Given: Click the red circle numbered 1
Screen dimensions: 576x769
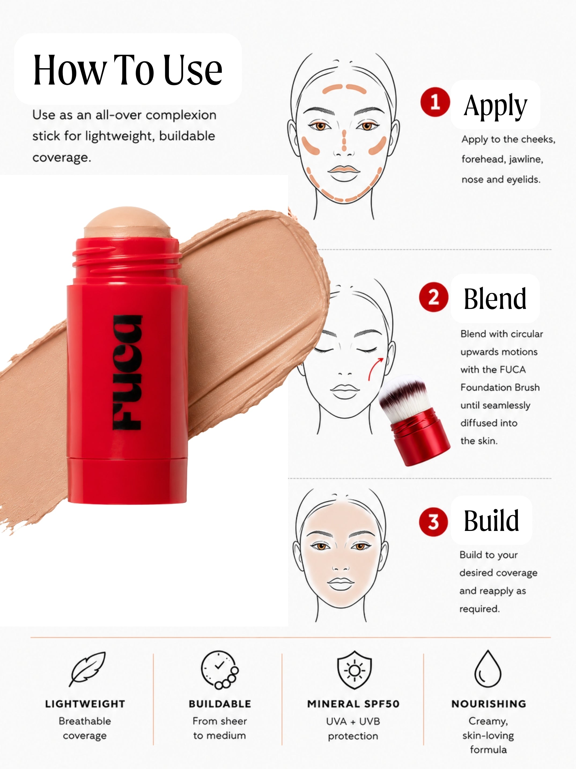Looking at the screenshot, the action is (x=435, y=102).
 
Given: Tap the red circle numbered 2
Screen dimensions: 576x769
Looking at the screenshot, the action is (x=434, y=297).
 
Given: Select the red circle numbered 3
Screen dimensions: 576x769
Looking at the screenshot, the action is (x=434, y=522).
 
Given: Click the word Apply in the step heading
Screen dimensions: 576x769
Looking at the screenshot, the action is (x=495, y=105).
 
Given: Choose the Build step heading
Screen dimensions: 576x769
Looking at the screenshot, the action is (x=491, y=520).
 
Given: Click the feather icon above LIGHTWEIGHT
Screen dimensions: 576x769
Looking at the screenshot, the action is (x=87, y=669).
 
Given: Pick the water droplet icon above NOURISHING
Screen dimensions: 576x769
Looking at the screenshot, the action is (x=488, y=669).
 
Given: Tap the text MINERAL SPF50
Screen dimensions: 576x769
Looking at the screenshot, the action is (x=353, y=704).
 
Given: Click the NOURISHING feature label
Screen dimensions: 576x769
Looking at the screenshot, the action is (x=489, y=704).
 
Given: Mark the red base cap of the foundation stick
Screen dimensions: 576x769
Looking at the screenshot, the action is (x=127, y=480).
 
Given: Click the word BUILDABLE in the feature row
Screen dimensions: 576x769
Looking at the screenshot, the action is (x=220, y=704).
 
